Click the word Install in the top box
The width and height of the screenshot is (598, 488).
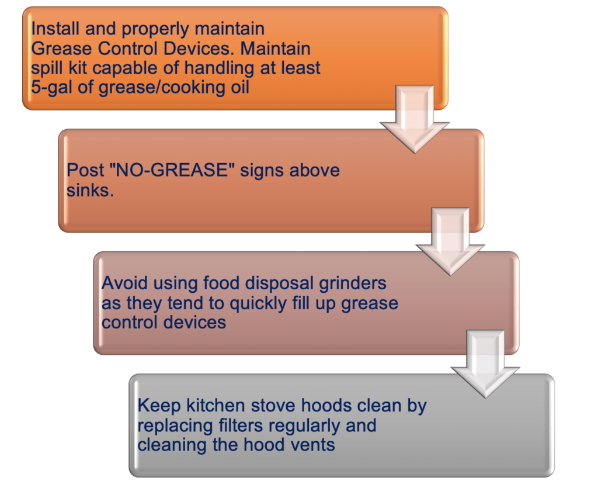55,29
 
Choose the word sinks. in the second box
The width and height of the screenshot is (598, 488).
91,189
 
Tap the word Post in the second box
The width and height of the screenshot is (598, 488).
85,170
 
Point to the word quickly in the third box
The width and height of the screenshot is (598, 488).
258,303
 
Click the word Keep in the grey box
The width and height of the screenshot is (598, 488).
159,405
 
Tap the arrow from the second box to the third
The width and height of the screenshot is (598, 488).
450,241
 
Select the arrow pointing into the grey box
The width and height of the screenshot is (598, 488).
485,364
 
